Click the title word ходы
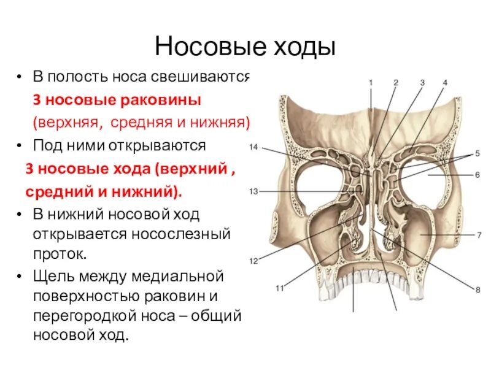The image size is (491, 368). click(304, 46)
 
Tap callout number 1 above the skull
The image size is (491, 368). click(371, 82)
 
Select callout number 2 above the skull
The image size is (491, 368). click(396, 82)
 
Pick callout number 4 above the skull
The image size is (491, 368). click(445, 82)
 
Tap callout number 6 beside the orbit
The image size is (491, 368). click(477, 175)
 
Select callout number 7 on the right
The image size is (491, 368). click(477, 234)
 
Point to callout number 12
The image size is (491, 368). click(253, 261)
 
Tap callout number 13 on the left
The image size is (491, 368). click(253, 191)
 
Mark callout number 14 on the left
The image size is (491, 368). click(253, 147)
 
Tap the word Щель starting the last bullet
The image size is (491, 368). click(52, 275)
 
